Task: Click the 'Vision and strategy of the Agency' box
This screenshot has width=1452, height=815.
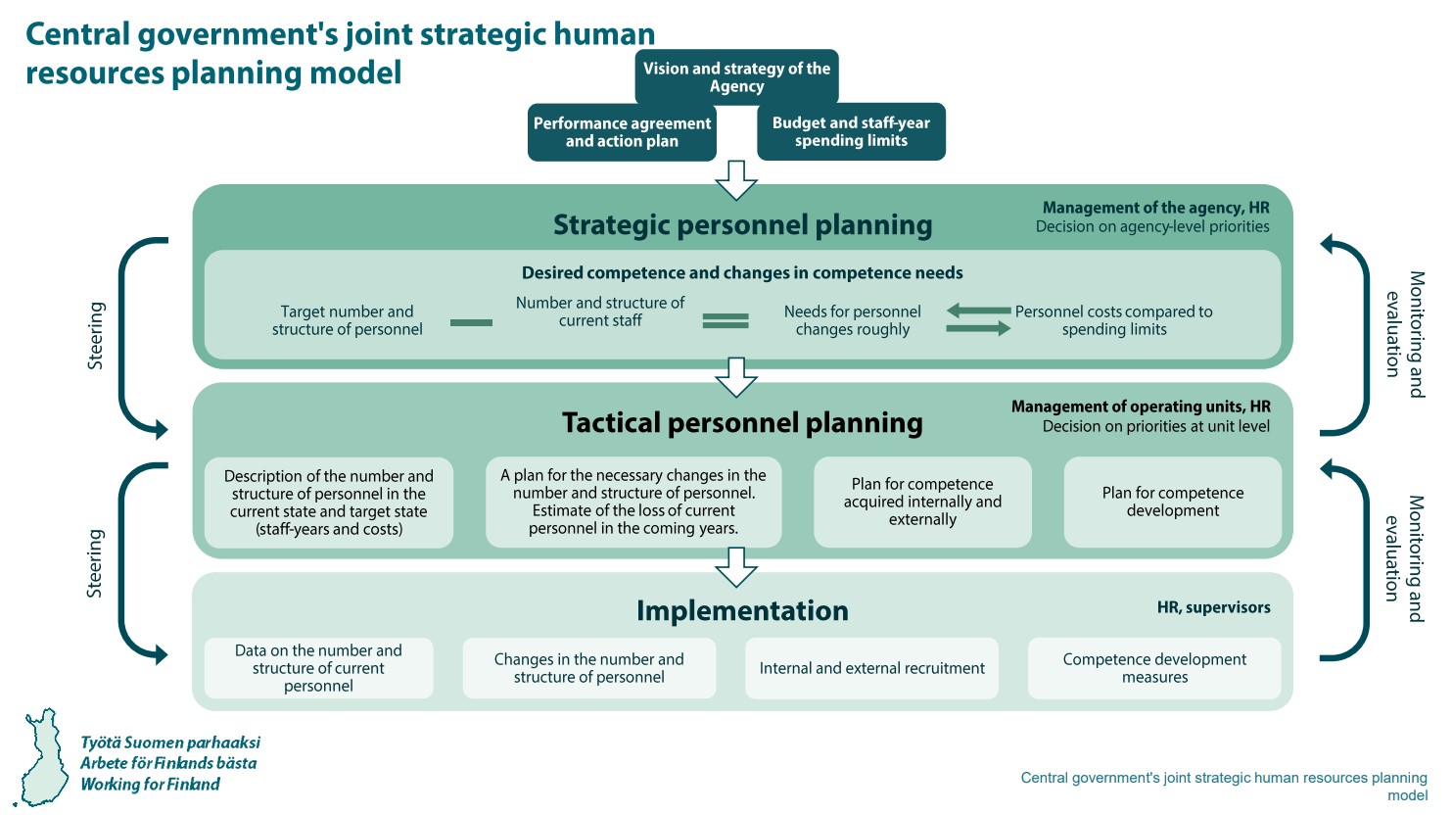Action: pyautogui.click(x=736, y=77)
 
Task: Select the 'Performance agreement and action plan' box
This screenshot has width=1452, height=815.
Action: pyautogui.click(x=622, y=132)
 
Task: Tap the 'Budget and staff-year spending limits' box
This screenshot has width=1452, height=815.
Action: pyautogui.click(x=851, y=131)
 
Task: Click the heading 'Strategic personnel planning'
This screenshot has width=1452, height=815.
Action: pyautogui.click(x=742, y=225)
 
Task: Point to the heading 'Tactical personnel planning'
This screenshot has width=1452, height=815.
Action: pyautogui.click(x=742, y=423)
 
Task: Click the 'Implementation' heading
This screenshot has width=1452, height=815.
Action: pyautogui.click(x=742, y=611)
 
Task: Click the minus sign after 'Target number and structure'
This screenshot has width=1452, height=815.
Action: pyautogui.click(x=471, y=322)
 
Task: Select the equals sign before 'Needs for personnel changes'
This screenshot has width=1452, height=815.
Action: pyautogui.click(x=726, y=320)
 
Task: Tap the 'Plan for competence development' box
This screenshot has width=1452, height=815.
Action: pyautogui.click(x=1172, y=502)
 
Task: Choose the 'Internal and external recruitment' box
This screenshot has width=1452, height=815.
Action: pyautogui.click(x=871, y=668)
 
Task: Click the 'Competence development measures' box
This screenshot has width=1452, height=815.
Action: pyautogui.click(x=1154, y=668)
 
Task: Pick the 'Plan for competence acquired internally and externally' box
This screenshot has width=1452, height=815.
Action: pyautogui.click(x=922, y=502)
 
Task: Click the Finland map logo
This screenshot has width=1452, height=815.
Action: pyautogui.click(x=44, y=756)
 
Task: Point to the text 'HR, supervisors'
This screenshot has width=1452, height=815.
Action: pyautogui.click(x=1213, y=607)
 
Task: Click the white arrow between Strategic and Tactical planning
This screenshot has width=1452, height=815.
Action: pyautogui.click(x=736, y=377)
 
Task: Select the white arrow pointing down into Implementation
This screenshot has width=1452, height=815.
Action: pyautogui.click(x=736, y=566)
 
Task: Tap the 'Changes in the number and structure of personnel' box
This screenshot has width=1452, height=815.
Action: pyautogui.click(x=588, y=668)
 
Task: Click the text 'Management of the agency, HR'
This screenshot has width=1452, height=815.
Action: pyautogui.click(x=1155, y=208)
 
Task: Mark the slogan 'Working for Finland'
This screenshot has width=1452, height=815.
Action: pyautogui.click(x=150, y=784)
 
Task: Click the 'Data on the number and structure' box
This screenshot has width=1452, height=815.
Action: pyautogui.click(x=318, y=668)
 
